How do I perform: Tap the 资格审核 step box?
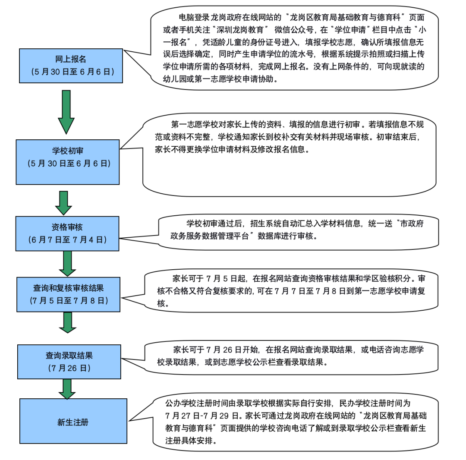(67, 233)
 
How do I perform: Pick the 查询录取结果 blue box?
(69, 362)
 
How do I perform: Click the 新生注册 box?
(73, 421)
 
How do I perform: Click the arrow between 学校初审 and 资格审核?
(64, 202)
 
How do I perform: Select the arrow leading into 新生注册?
(67, 388)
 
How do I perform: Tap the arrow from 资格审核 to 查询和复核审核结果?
(67, 263)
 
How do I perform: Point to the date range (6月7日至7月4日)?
(67, 239)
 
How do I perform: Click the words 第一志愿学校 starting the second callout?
(192, 125)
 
